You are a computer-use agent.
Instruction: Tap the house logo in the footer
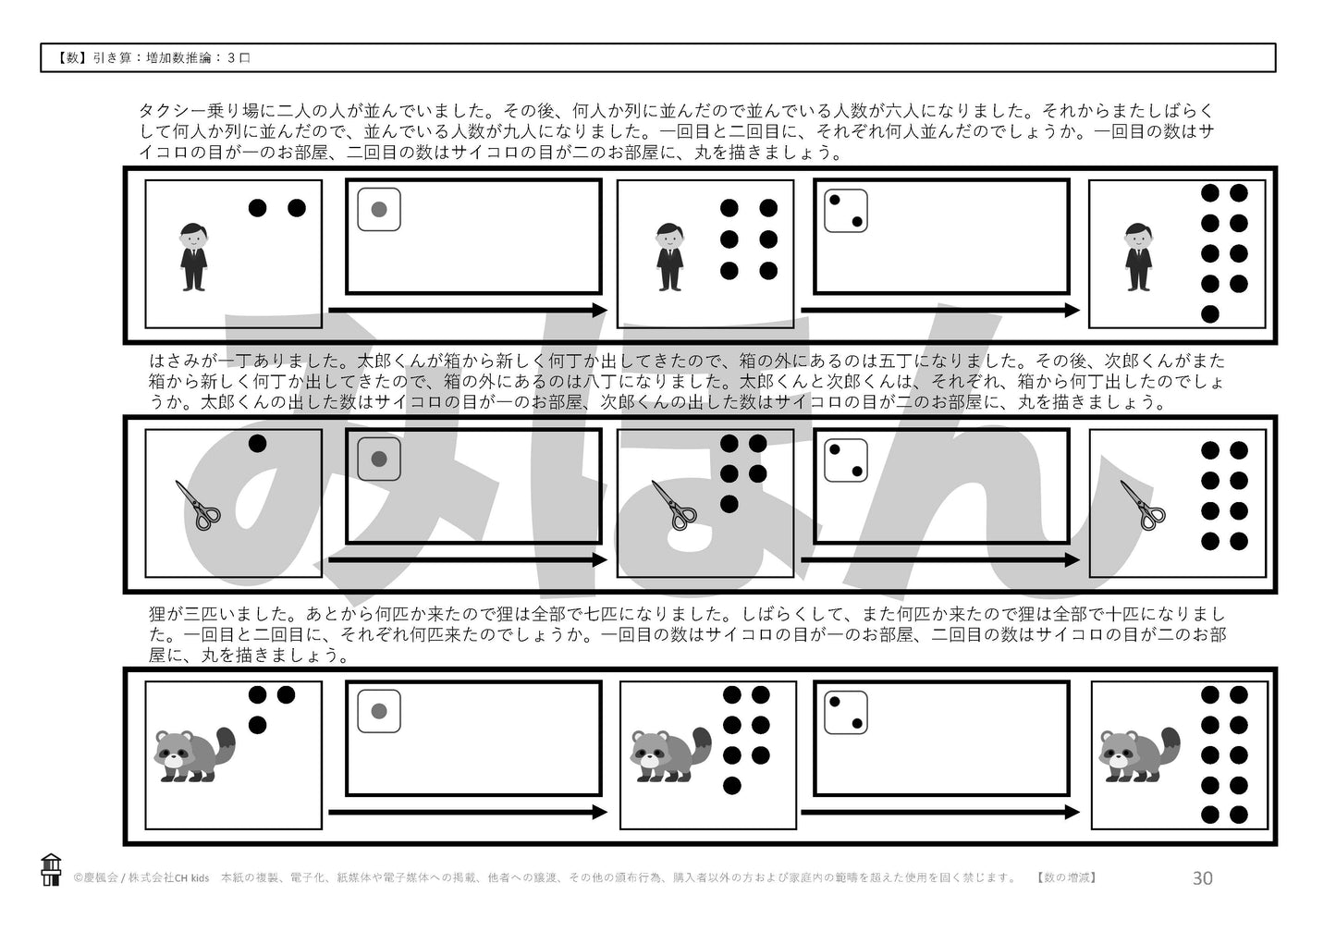tap(52, 869)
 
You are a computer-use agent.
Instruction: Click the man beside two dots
tap(193, 257)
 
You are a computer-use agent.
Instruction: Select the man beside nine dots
tap(1138, 257)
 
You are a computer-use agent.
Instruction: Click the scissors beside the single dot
tap(198, 505)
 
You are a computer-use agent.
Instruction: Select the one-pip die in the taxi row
tap(378, 209)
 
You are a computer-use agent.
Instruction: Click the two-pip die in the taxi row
tap(846, 210)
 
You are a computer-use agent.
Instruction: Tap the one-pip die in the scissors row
tap(378, 459)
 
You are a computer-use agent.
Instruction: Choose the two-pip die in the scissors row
tap(846, 460)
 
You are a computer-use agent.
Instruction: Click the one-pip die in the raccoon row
tap(378, 711)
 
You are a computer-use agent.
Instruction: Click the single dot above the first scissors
tap(258, 444)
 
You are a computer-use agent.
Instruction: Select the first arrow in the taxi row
tap(468, 310)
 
